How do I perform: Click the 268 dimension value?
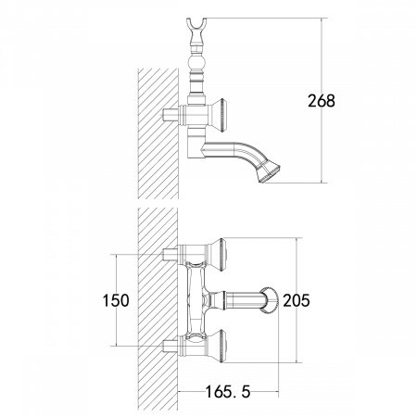pyautogui.click(x=322, y=101)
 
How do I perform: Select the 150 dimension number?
pyautogui.click(x=116, y=300)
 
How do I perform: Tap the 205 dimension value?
pyautogui.click(x=297, y=300)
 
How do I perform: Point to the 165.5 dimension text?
pyautogui.click(x=228, y=392)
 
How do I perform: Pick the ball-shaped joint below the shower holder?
pyautogui.click(x=196, y=63)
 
